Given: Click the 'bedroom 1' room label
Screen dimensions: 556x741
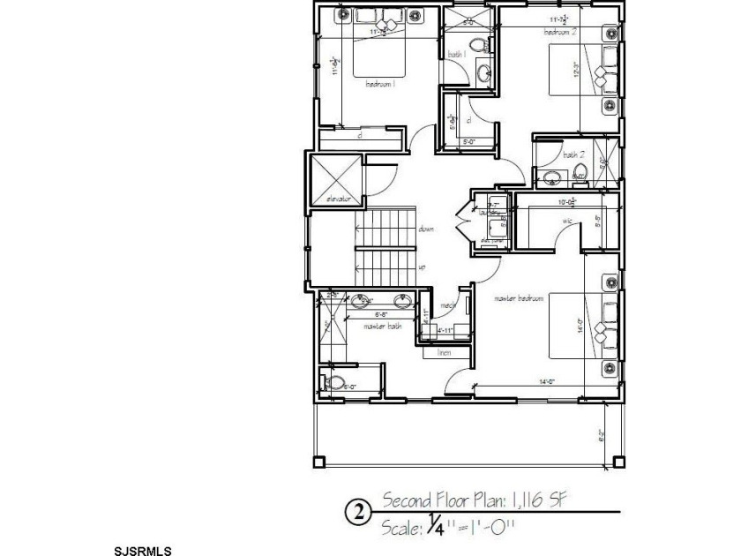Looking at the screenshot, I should pyautogui.click(x=380, y=85).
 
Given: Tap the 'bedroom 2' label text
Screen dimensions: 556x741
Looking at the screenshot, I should pyautogui.click(x=560, y=32).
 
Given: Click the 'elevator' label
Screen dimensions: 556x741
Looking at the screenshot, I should pyautogui.click(x=339, y=199).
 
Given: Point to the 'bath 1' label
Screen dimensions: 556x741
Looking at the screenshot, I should pyautogui.click(x=456, y=55).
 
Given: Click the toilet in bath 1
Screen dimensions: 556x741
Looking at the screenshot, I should pyautogui.click(x=477, y=45).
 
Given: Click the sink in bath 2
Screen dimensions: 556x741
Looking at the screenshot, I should pyautogui.click(x=552, y=177).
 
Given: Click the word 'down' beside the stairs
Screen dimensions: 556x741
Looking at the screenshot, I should pyautogui.click(x=426, y=229).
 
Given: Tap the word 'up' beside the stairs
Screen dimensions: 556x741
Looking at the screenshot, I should pyautogui.click(x=423, y=267).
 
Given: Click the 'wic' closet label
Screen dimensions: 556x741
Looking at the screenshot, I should pyautogui.click(x=567, y=220).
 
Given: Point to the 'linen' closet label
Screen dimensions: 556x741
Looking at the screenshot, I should pyautogui.click(x=445, y=352).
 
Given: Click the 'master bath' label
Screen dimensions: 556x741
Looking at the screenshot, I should pyautogui.click(x=383, y=326).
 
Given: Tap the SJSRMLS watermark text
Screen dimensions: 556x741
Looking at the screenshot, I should pyautogui.click(x=144, y=550).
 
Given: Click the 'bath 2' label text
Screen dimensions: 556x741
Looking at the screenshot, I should pyautogui.click(x=574, y=154).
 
